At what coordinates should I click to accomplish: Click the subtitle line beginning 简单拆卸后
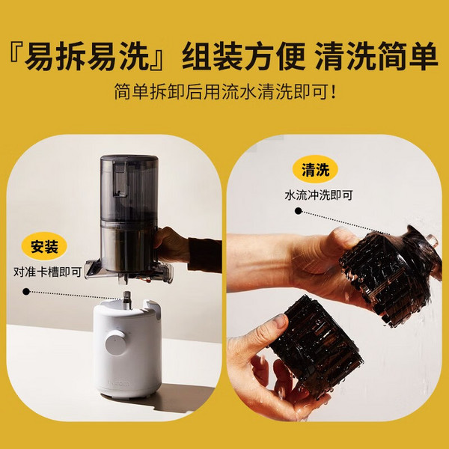[224, 94]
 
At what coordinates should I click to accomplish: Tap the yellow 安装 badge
[44, 247]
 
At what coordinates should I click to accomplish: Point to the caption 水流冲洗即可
[318, 194]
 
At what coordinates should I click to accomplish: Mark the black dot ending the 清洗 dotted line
[299, 212]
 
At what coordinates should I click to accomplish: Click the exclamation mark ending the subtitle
[332, 94]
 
